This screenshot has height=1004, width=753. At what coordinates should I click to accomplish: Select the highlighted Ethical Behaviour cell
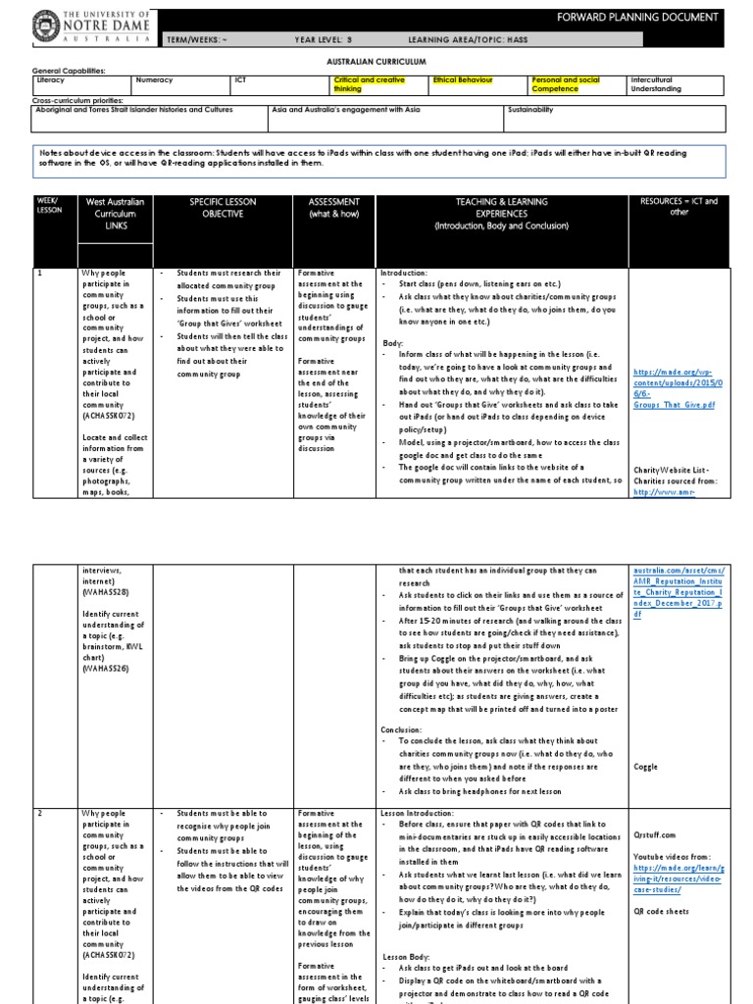(463, 78)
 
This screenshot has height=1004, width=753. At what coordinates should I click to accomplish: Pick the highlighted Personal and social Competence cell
(562, 83)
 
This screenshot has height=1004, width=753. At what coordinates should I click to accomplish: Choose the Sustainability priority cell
(530, 110)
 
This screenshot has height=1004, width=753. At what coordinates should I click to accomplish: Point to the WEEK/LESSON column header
(48, 207)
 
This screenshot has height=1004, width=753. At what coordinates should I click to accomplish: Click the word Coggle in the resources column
(646, 767)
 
